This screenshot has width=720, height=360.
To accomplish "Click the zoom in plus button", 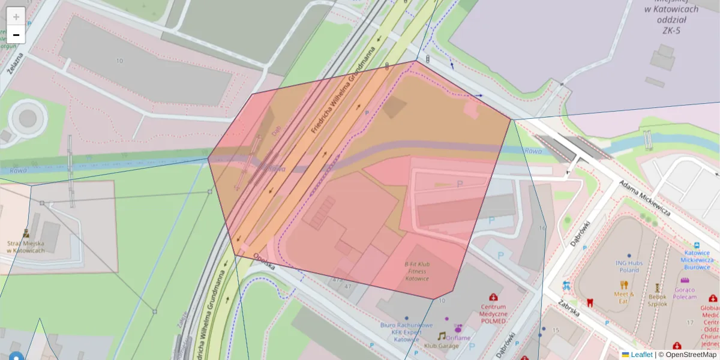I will (x=16, y=17).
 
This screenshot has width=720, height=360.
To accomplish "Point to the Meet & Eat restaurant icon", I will (x=624, y=285).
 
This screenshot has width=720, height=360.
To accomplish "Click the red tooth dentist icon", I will (x=589, y=302).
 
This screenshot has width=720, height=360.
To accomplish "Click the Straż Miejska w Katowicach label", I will (x=26, y=247).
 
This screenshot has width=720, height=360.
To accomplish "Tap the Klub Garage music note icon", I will (x=442, y=337).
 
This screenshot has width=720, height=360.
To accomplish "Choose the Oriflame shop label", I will (x=458, y=337).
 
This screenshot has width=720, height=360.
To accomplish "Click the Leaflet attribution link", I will (x=641, y=355).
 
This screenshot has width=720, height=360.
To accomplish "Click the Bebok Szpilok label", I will (x=657, y=299).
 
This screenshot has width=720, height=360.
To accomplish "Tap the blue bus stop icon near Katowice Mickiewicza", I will (x=697, y=245).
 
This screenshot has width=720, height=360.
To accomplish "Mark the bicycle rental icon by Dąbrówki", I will (x=566, y=286).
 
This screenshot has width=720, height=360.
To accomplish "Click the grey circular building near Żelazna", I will (x=28, y=118).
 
